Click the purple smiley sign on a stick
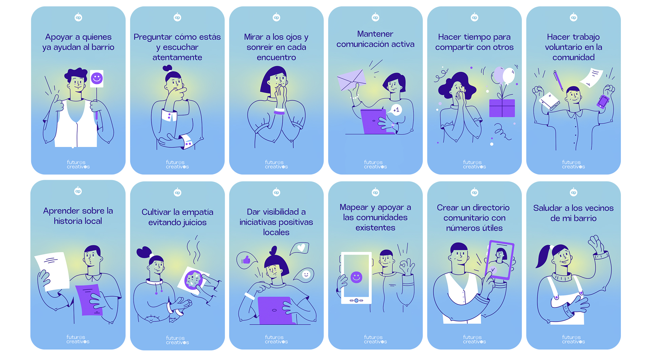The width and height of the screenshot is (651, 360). pos(97,79)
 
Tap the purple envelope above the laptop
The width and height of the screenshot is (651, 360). pos(352,80)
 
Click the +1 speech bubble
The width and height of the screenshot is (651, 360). pos(396,110)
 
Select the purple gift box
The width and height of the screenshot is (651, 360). pos(502,108)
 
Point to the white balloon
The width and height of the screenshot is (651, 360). pos(509,75)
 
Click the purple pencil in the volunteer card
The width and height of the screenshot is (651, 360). pos(558,80)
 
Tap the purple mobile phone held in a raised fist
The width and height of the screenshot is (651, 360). pos(603,101)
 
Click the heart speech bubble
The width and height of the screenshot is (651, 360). pos(300,248)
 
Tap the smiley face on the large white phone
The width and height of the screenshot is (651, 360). pos(356,277)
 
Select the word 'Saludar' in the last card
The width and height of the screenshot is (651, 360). pos(548,208)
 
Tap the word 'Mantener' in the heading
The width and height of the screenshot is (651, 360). pos(375,34)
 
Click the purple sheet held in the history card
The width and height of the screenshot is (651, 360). pos(90,299)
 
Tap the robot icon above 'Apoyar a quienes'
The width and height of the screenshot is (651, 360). pos(78,17)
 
